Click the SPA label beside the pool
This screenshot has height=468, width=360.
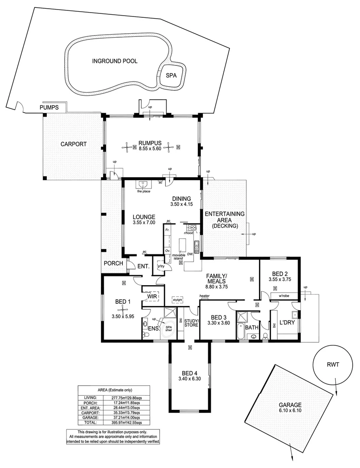pyautogui.click(x=172, y=75)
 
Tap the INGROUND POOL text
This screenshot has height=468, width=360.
pyautogui.click(x=115, y=61)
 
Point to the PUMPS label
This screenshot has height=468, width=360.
pyautogui.click(x=49, y=107)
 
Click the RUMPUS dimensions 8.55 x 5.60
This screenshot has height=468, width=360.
pyautogui.click(x=150, y=149)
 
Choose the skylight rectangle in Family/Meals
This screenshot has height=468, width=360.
pyautogui.click(x=177, y=299)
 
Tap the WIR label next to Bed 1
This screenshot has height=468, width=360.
pyautogui.click(x=151, y=296)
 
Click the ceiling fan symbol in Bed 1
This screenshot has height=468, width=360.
pyautogui.click(x=124, y=309)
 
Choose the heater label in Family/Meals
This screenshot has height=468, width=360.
pyautogui.click(x=204, y=296)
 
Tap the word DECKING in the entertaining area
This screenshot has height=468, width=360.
pyautogui.click(x=225, y=226)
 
